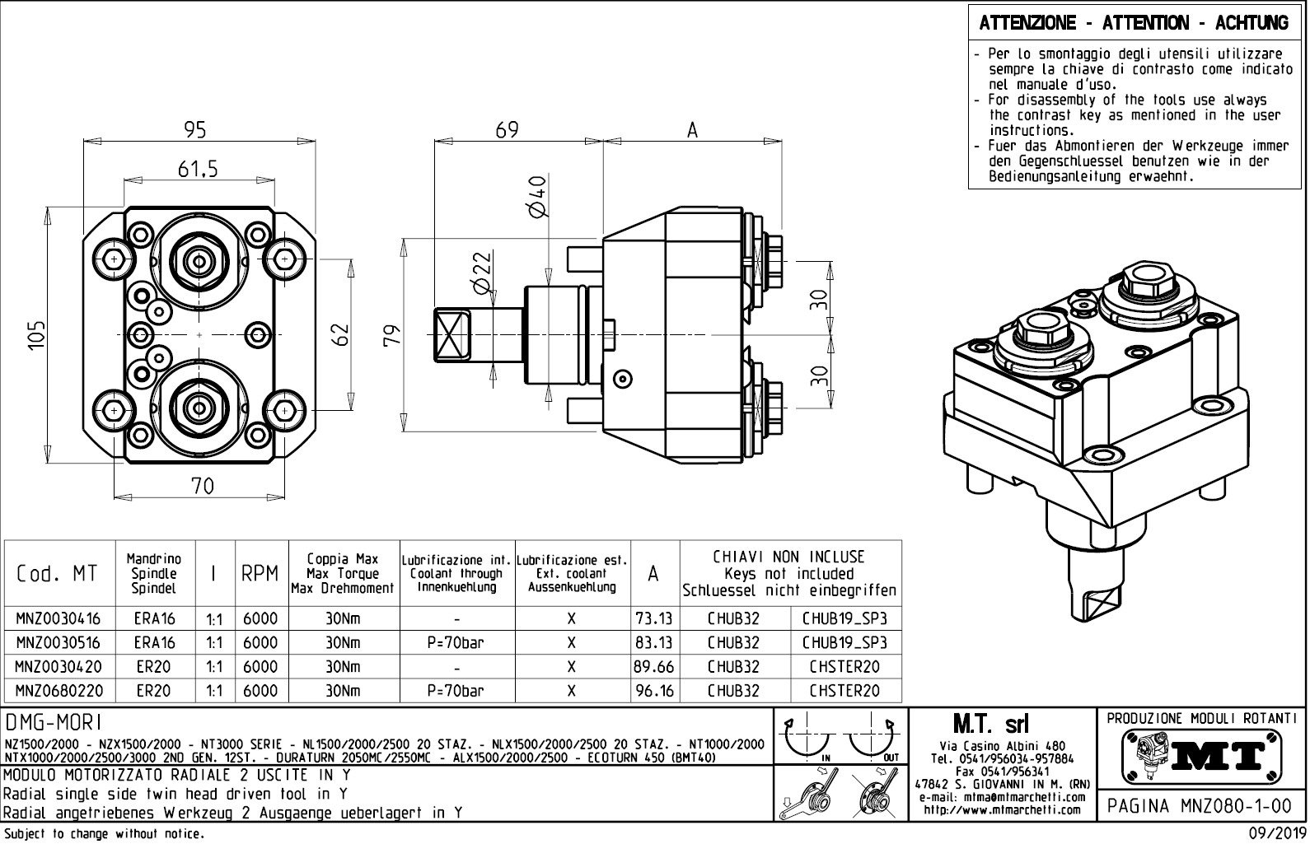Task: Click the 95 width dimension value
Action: [x=195, y=130]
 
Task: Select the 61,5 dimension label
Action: [x=198, y=170]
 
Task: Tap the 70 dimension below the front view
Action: [x=202, y=486]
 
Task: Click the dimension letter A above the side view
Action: [x=692, y=130]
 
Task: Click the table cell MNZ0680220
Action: [x=59, y=691]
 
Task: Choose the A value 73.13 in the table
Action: [x=654, y=618]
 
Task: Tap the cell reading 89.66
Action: [x=654, y=667]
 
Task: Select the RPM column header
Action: [x=261, y=574]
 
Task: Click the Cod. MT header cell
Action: [x=58, y=574]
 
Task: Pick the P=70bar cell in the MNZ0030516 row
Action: [x=456, y=642]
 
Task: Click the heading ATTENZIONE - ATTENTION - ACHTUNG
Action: [x=1134, y=23]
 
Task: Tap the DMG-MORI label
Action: [x=54, y=722]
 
